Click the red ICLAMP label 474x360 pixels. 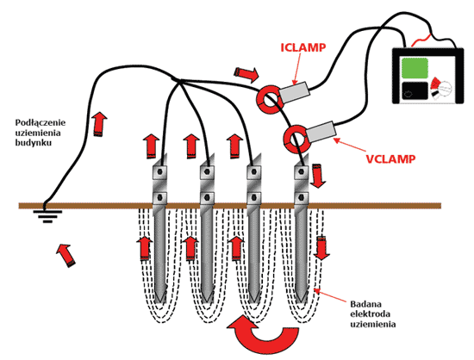[x=303, y=47]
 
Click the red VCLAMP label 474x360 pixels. [x=390, y=158]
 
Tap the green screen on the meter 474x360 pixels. [x=415, y=68]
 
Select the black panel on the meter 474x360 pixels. [x=415, y=90]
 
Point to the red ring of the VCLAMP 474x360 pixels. [x=286, y=140]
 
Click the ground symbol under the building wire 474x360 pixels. [x=47, y=216]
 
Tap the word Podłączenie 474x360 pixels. [x=41, y=122]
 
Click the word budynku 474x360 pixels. [x=34, y=143]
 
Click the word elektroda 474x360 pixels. [x=370, y=313]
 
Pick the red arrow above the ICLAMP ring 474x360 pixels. [x=246, y=74]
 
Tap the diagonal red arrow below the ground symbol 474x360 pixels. [x=65, y=255]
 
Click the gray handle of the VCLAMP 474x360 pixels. [x=321, y=132]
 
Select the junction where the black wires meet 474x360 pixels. [x=178, y=81]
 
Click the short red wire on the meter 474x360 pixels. [x=421, y=40]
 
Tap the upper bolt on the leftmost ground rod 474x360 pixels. [x=159, y=172]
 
